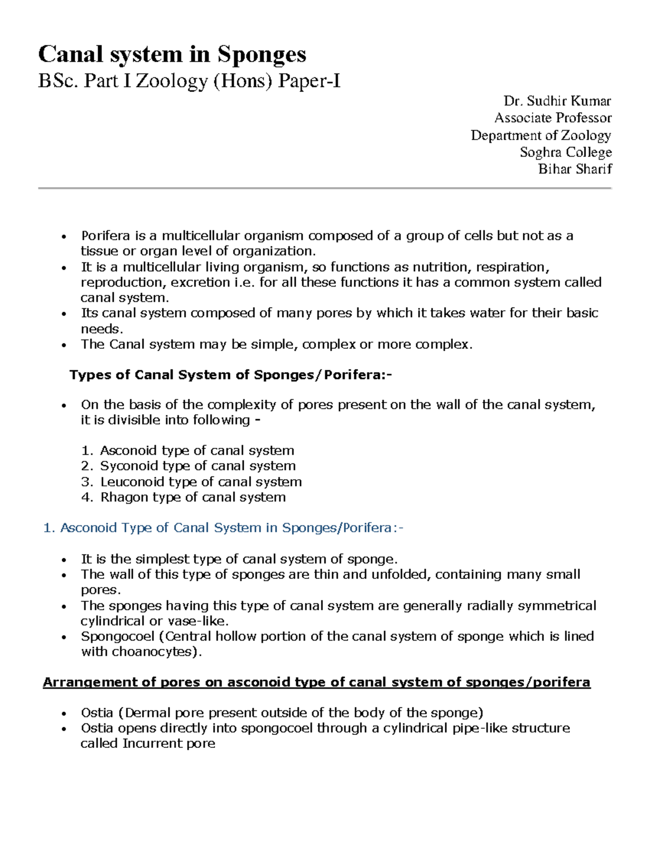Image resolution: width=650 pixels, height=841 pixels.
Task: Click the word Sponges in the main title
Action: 262,54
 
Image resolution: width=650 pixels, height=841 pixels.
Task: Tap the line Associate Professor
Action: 552,118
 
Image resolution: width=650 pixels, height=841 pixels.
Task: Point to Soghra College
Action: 565,152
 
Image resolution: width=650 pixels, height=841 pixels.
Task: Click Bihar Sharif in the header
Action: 574,169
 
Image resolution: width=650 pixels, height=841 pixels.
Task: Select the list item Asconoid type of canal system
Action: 197,451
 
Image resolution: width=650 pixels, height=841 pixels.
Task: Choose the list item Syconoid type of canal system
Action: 198,466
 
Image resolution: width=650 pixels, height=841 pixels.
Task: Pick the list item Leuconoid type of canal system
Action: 200,481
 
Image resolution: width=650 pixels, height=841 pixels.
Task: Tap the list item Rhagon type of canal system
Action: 192,497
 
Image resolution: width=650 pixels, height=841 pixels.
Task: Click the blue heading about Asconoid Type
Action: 223,528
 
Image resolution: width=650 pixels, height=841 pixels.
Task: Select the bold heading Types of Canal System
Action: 230,375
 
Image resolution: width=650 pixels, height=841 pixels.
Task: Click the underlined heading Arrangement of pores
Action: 316,682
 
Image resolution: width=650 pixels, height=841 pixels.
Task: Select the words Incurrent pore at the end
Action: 168,744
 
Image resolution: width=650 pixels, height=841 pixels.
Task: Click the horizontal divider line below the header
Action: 324,188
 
